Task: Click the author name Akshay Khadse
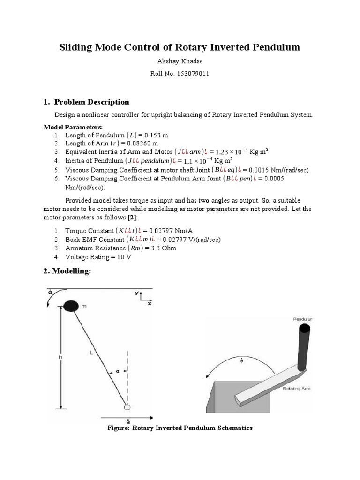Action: [x=180, y=61]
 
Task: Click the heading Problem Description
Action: [x=91, y=102]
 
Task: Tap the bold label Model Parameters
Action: [x=73, y=127]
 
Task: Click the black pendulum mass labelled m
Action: [x=71, y=306]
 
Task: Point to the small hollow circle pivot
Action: [x=127, y=406]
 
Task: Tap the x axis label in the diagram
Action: [x=150, y=304]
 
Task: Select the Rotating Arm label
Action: [x=297, y=388]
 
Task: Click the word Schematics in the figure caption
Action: [x=232, y=428]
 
